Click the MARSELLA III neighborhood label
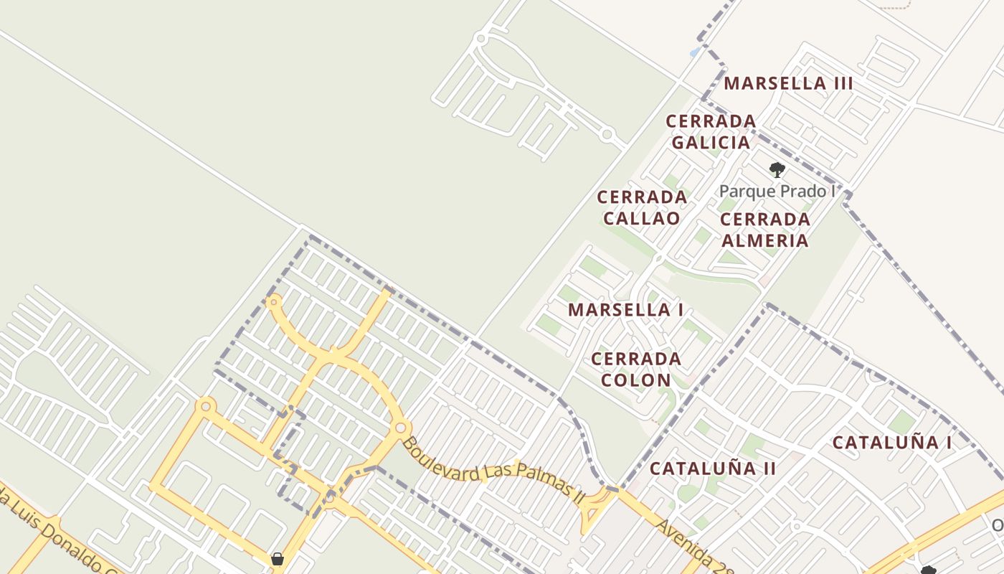788,83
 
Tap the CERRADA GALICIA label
711,131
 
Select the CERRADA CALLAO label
642,207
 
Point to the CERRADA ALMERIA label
764,230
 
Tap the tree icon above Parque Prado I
777,170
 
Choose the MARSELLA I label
625,310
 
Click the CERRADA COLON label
636,369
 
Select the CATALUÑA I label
892,443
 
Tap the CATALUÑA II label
713,469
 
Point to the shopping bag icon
278,559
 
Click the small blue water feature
694,52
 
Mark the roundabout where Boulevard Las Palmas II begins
400,428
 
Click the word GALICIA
711,142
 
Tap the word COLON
636,380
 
